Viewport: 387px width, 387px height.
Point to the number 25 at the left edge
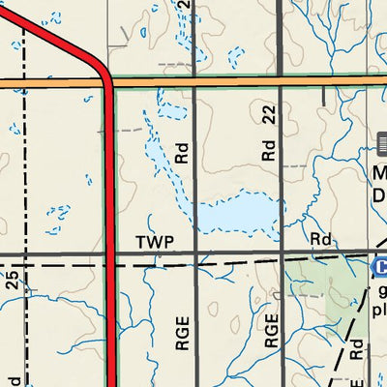point(12,282)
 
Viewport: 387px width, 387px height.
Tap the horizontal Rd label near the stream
point(321,239)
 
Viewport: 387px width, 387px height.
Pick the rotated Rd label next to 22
point(269,151)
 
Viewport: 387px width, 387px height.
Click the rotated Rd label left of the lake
point(182,152)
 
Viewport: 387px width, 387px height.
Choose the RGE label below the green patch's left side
point(272,332)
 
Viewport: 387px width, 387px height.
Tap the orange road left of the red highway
point(48,84)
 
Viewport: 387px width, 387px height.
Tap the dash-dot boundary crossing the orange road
point(25,84)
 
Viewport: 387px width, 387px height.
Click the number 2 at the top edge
point(183,6)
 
